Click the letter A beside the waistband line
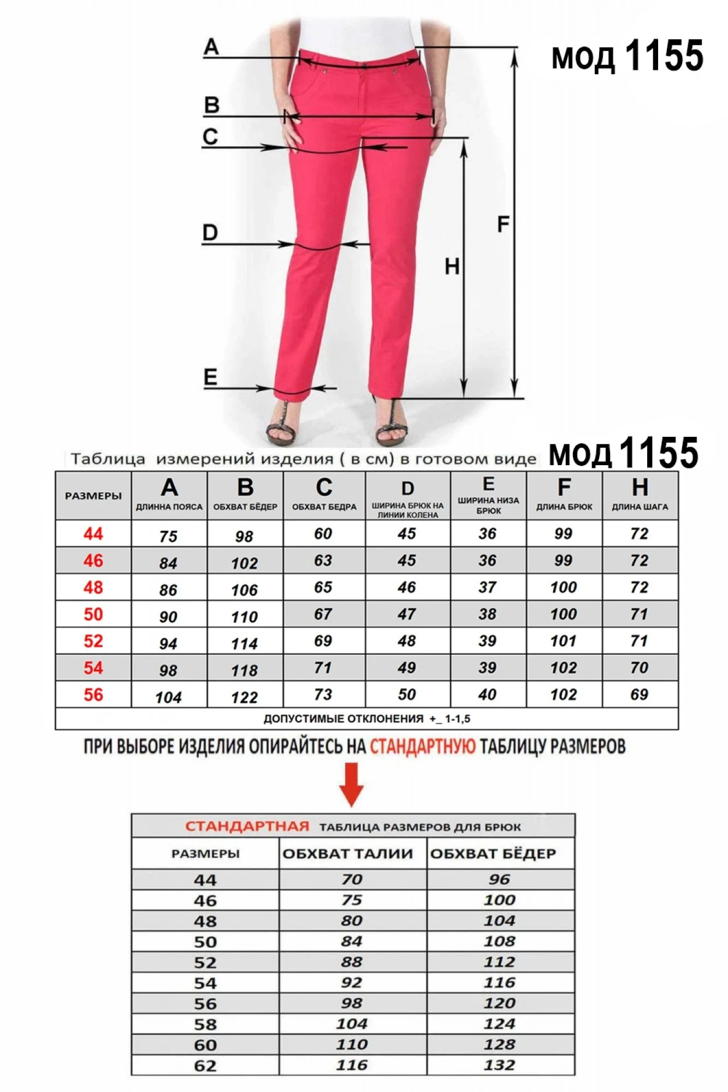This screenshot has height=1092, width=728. coord(211,47)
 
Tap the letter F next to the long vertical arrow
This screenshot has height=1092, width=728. coord(503,224)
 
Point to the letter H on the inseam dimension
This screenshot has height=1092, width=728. coord(452,266)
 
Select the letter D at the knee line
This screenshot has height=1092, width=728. coord(210,233)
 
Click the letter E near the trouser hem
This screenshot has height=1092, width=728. coord(210,377)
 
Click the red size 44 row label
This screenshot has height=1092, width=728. coord(93,533)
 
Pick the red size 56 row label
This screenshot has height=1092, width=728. coord(93,695)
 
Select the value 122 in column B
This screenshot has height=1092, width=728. coord(244,697)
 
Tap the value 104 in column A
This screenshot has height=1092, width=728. coord(168,697)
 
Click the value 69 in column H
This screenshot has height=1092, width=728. coord(639,695)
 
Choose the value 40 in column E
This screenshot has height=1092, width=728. coord(487,695)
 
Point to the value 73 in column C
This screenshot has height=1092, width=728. coord(323,695)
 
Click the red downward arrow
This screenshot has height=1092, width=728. coord(351,785)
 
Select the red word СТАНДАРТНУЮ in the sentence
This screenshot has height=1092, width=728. coord(423,746)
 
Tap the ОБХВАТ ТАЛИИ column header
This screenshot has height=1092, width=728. coord(348,853)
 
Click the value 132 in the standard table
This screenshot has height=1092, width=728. coord(499,1065)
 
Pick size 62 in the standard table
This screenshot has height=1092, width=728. coord(205,1065)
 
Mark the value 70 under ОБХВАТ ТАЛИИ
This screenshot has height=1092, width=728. coord(352,880)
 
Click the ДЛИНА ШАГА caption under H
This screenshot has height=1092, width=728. coord(640,507)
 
